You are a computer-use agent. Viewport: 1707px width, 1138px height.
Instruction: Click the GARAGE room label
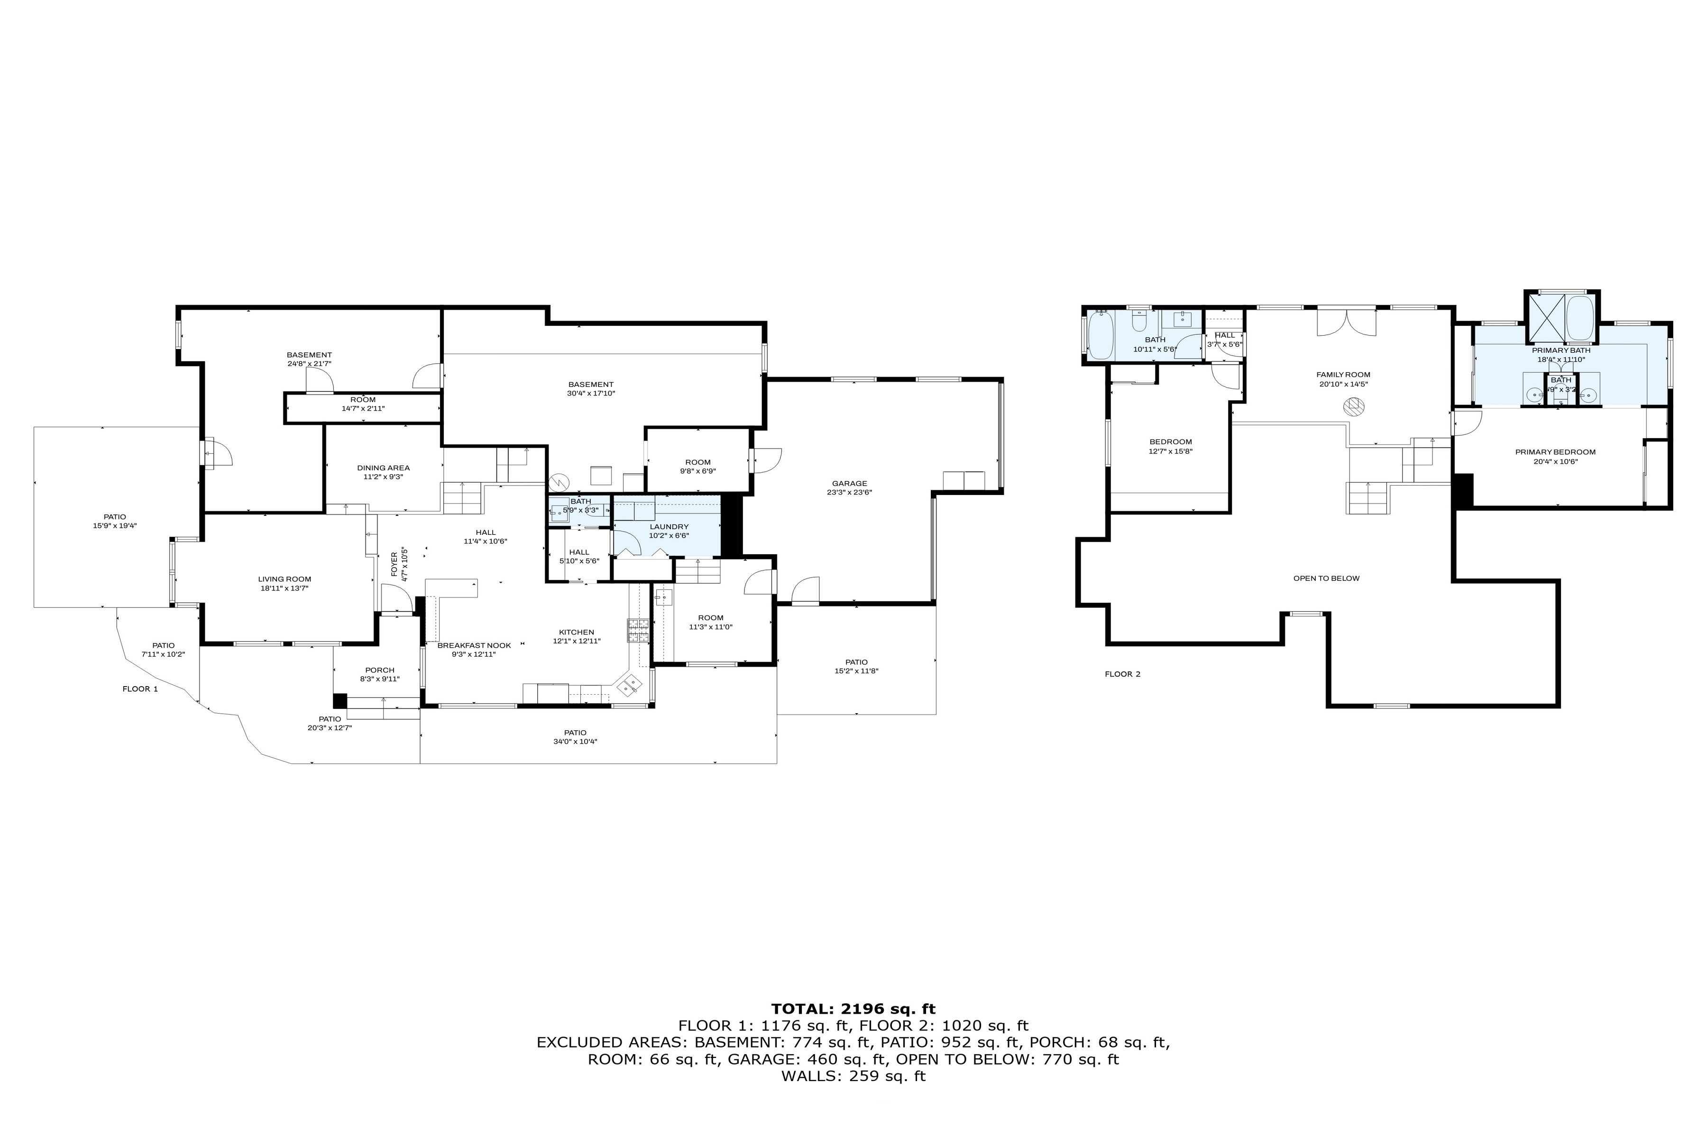[849, 483]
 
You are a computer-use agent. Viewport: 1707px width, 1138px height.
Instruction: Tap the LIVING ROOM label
[284, 579]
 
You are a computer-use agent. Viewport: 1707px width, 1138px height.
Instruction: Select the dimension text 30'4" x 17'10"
[591, 394]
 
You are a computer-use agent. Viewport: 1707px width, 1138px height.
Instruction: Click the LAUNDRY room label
[669, 527]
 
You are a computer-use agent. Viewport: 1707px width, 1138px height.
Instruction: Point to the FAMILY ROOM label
[1343, 375]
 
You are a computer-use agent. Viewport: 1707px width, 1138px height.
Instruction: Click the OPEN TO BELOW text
[1326, 578]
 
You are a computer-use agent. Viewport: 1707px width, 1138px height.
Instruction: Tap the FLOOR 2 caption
[1122, 674]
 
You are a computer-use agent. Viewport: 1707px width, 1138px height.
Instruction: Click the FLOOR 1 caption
[140, 689]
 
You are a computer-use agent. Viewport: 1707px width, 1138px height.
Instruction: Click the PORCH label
[380, 670]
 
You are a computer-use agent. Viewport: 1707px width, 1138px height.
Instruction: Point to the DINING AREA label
[383, 468]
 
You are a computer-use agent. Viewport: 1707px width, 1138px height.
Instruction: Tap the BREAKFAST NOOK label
[474, 645]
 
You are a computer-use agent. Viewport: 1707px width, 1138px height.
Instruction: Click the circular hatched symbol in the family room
[1353, 407]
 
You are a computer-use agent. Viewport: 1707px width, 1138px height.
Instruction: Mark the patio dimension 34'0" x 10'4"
[575, 742]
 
